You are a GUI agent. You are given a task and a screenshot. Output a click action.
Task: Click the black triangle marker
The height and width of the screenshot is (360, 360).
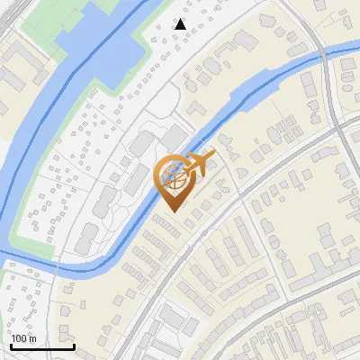pos(181,24)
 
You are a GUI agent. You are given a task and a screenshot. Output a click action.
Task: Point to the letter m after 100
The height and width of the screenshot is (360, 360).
pos(33,338)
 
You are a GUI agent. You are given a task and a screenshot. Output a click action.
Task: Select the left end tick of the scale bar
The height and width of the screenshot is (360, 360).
pos(11,345)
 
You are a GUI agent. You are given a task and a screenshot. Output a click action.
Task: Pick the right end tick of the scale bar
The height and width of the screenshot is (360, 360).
pos(74,345)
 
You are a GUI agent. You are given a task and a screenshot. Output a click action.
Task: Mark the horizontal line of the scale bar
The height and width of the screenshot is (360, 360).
pos(42,346)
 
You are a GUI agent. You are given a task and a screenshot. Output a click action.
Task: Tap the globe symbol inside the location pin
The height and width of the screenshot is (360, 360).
pos(172,177)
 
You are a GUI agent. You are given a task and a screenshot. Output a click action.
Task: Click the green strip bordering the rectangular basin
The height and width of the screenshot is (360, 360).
pos(135,45)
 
